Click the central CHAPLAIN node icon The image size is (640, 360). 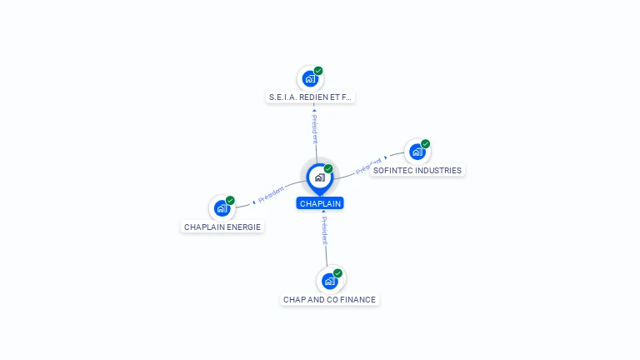tap(319, 177)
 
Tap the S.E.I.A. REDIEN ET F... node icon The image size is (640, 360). tap(310, 79)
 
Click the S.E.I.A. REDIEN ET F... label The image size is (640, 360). tap(310, 97)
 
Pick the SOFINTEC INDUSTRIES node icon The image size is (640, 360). tap(417, 152)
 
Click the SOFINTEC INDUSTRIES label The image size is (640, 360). tap(417, 171)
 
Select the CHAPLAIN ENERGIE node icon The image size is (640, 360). tap(222, 208)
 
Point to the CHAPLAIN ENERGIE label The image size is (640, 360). tap(222, 227)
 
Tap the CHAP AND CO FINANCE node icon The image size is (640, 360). tap(329, 281)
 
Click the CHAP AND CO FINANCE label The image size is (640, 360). tap(329, 300)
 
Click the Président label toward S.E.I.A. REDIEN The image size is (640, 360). tap(315, 129)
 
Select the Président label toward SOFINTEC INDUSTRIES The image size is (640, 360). tap(368, 165)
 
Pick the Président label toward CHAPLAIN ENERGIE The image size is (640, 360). tap(272, 195)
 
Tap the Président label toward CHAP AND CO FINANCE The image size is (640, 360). tap(324, 230)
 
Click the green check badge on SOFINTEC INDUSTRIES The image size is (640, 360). tap(426, 143)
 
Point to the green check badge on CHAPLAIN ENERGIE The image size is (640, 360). tap(231, 200)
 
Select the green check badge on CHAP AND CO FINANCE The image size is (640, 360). tap(337, 272)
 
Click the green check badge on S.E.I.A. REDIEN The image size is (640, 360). tap(318, 71)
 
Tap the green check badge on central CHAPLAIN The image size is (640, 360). tap(328, 168)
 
